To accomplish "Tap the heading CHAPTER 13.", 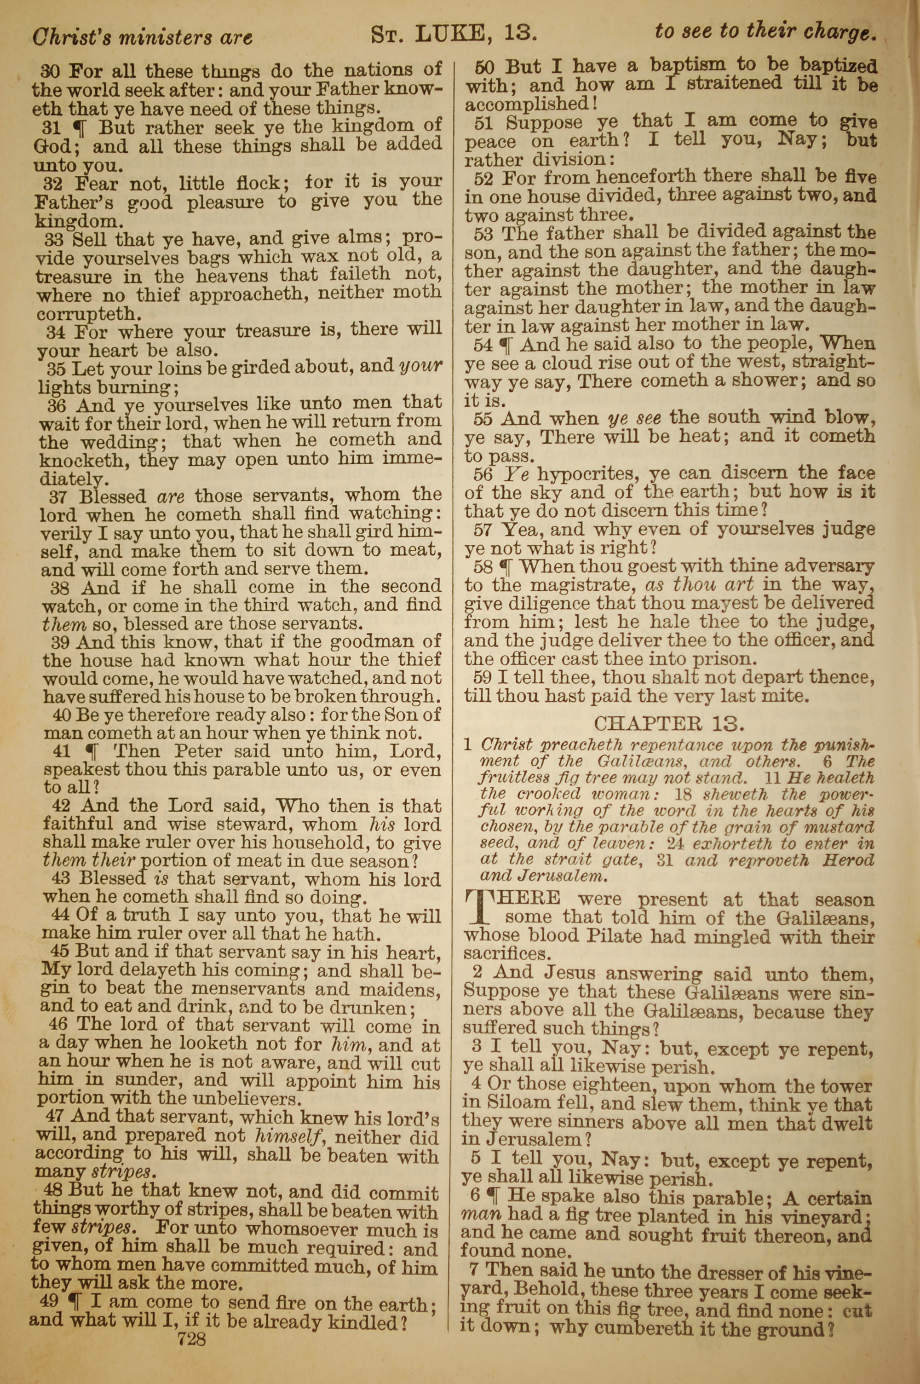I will coord(669,723).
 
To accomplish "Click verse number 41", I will coord(61,751).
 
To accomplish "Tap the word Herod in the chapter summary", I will coord(848,861).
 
